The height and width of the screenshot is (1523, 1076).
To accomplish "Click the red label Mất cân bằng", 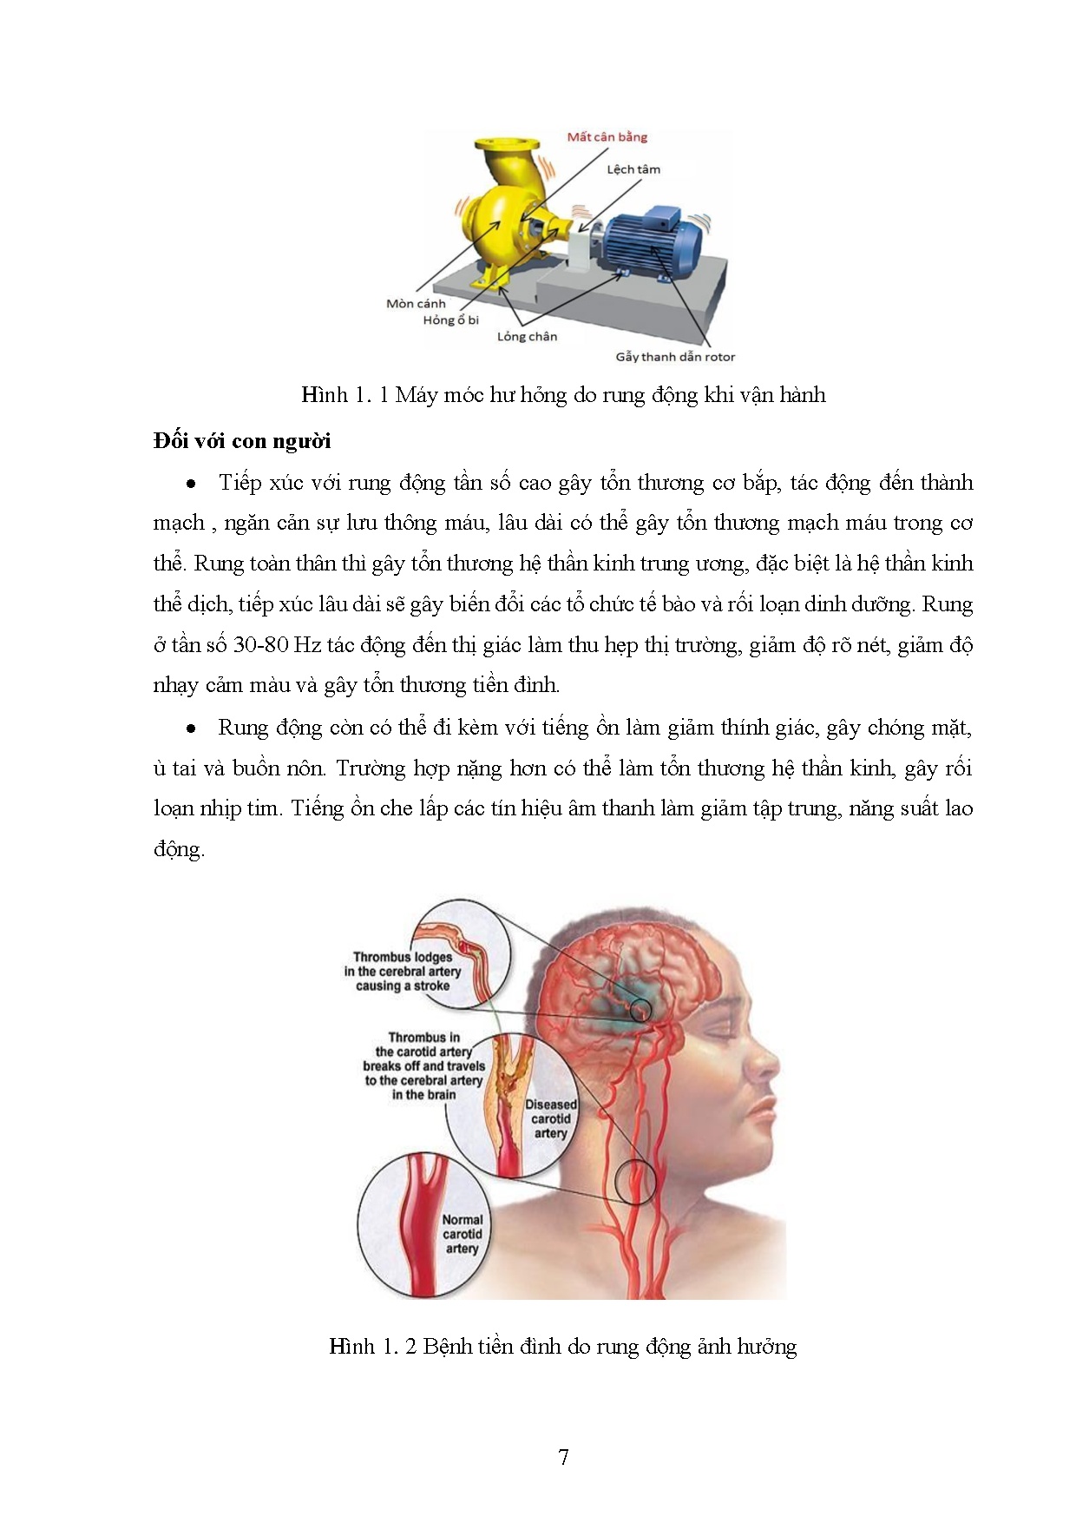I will point(607,136).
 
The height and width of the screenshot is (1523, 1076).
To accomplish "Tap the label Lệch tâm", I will point(633,168).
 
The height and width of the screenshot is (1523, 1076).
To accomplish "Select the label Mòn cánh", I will point(416,303).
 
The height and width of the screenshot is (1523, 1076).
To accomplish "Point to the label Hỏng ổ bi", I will point(450,320).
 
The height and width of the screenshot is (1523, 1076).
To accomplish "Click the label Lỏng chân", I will point(527,336).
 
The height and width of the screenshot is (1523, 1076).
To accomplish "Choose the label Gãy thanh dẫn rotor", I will point(675,356).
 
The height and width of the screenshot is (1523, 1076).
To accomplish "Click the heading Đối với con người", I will point(242,441).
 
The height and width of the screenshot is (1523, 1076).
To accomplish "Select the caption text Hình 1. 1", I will point(345,395).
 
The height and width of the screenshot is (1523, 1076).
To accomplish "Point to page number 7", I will point(563,1457).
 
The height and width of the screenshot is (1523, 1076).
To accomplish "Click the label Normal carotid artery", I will point(462,1234).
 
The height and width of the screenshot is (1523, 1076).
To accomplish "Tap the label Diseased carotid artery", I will point(550,1119).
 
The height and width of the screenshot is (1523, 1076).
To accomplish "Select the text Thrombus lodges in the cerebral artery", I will point(403,971).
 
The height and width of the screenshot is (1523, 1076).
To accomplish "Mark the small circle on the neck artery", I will point(635,1181).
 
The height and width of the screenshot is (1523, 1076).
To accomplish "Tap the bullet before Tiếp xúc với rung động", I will point(191,484).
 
